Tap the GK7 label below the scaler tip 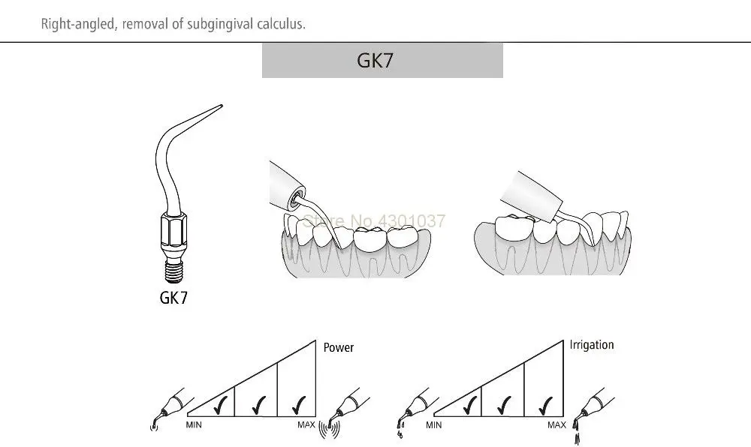173,297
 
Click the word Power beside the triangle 338,347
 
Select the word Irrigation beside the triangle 592,345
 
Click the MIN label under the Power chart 194,425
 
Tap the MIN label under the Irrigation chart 433,425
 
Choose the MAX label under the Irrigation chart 556,425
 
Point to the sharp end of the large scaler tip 222,106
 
